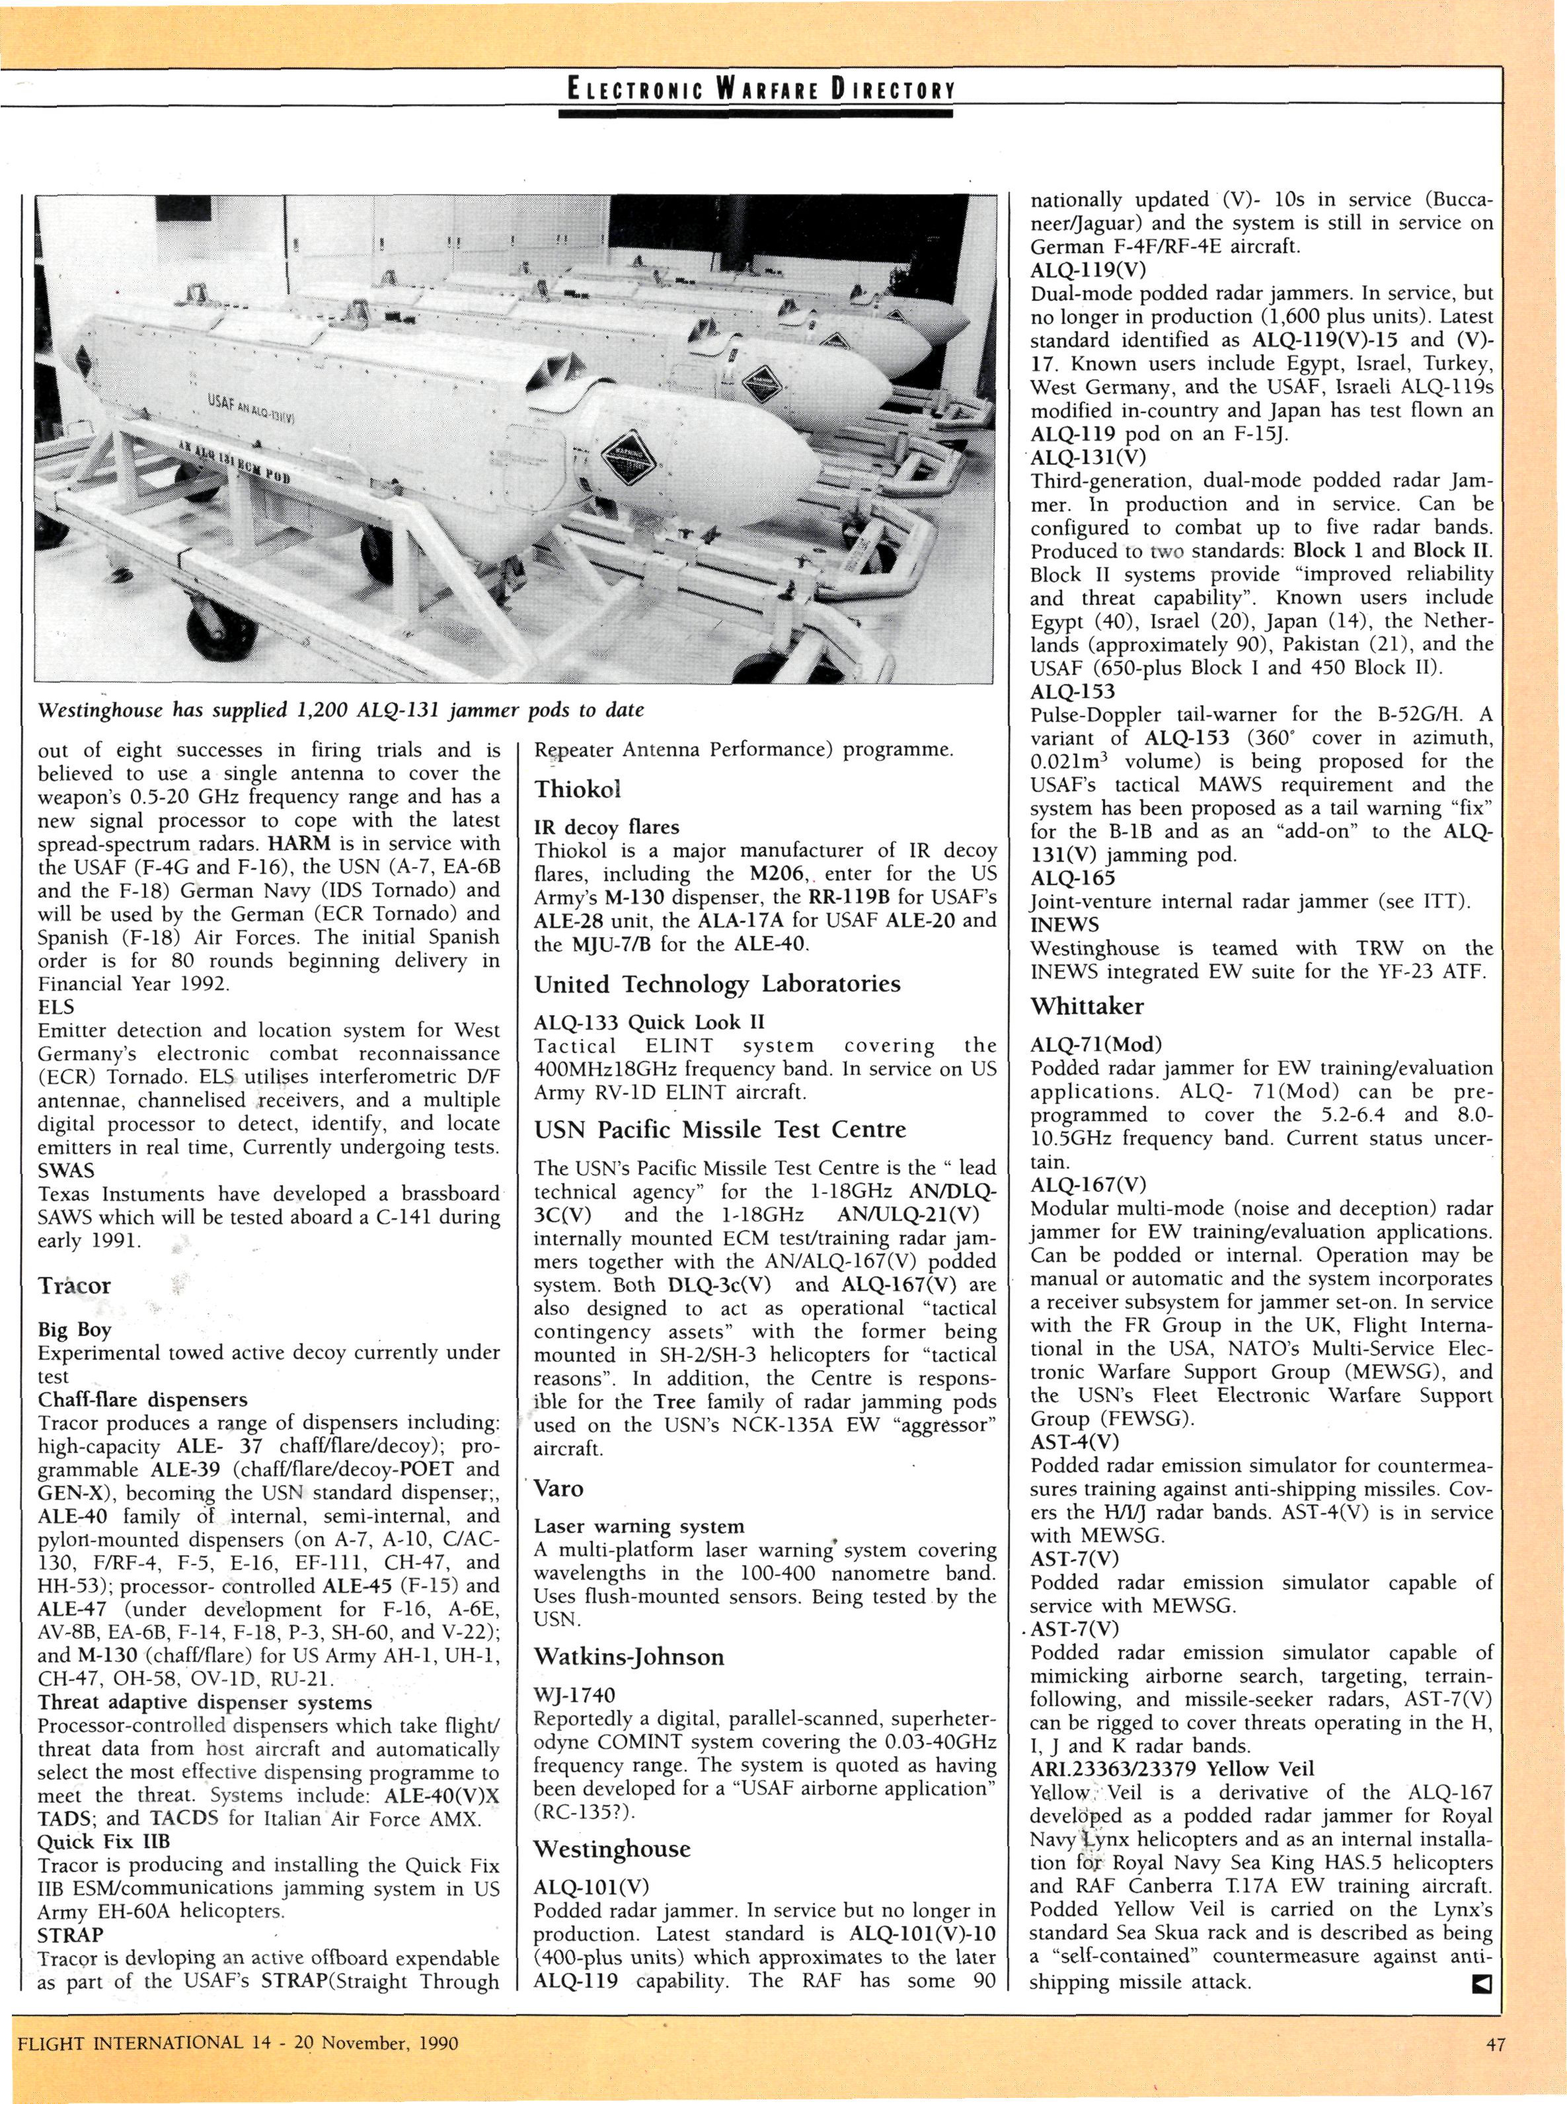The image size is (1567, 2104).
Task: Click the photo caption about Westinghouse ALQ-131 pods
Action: pos(340,709)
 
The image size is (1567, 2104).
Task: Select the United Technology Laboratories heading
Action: pos(717,984)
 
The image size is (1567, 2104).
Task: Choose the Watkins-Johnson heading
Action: pos(629,1657)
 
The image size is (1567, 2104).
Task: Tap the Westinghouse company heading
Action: pos(612,1849)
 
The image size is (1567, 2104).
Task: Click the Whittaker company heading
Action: pos(1087,1007)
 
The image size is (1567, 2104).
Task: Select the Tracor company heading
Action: pos(75,1286)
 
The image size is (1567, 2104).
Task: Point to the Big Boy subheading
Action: pos(75,1330)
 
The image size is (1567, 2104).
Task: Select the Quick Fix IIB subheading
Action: pos(103,1842)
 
